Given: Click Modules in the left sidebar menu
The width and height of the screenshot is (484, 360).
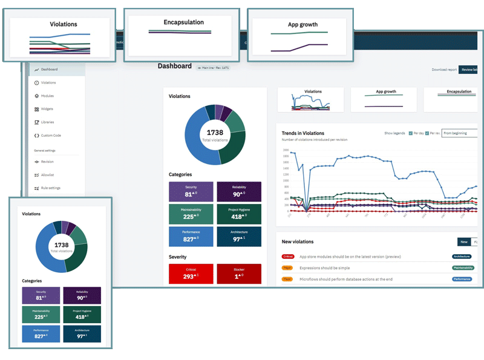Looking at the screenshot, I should point(47,96).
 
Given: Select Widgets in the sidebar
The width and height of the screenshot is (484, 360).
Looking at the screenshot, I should point(48,109).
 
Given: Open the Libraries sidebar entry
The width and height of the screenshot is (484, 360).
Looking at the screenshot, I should point(48,122).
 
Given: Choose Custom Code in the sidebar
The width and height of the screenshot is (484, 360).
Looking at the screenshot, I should point(51,136).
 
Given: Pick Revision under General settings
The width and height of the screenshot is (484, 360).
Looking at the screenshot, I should point(47,162).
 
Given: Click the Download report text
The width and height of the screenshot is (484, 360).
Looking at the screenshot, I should point(444,70).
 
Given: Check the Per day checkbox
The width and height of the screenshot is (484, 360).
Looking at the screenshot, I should point(411,133).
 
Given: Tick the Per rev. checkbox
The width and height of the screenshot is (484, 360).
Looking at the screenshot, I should point(427,133).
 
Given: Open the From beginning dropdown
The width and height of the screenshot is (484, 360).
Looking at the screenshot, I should point(459,133).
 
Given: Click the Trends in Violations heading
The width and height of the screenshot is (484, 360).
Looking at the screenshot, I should point(302,133).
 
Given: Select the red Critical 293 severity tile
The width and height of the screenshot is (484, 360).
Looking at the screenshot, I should point(191,273).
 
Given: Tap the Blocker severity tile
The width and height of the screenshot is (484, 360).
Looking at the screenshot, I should point(239,273).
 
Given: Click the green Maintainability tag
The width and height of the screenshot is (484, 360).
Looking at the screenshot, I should point(463,267).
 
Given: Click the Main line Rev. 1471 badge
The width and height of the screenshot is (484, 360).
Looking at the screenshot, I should point(213,68).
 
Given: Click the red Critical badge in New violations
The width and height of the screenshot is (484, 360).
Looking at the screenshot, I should point(288,257).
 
